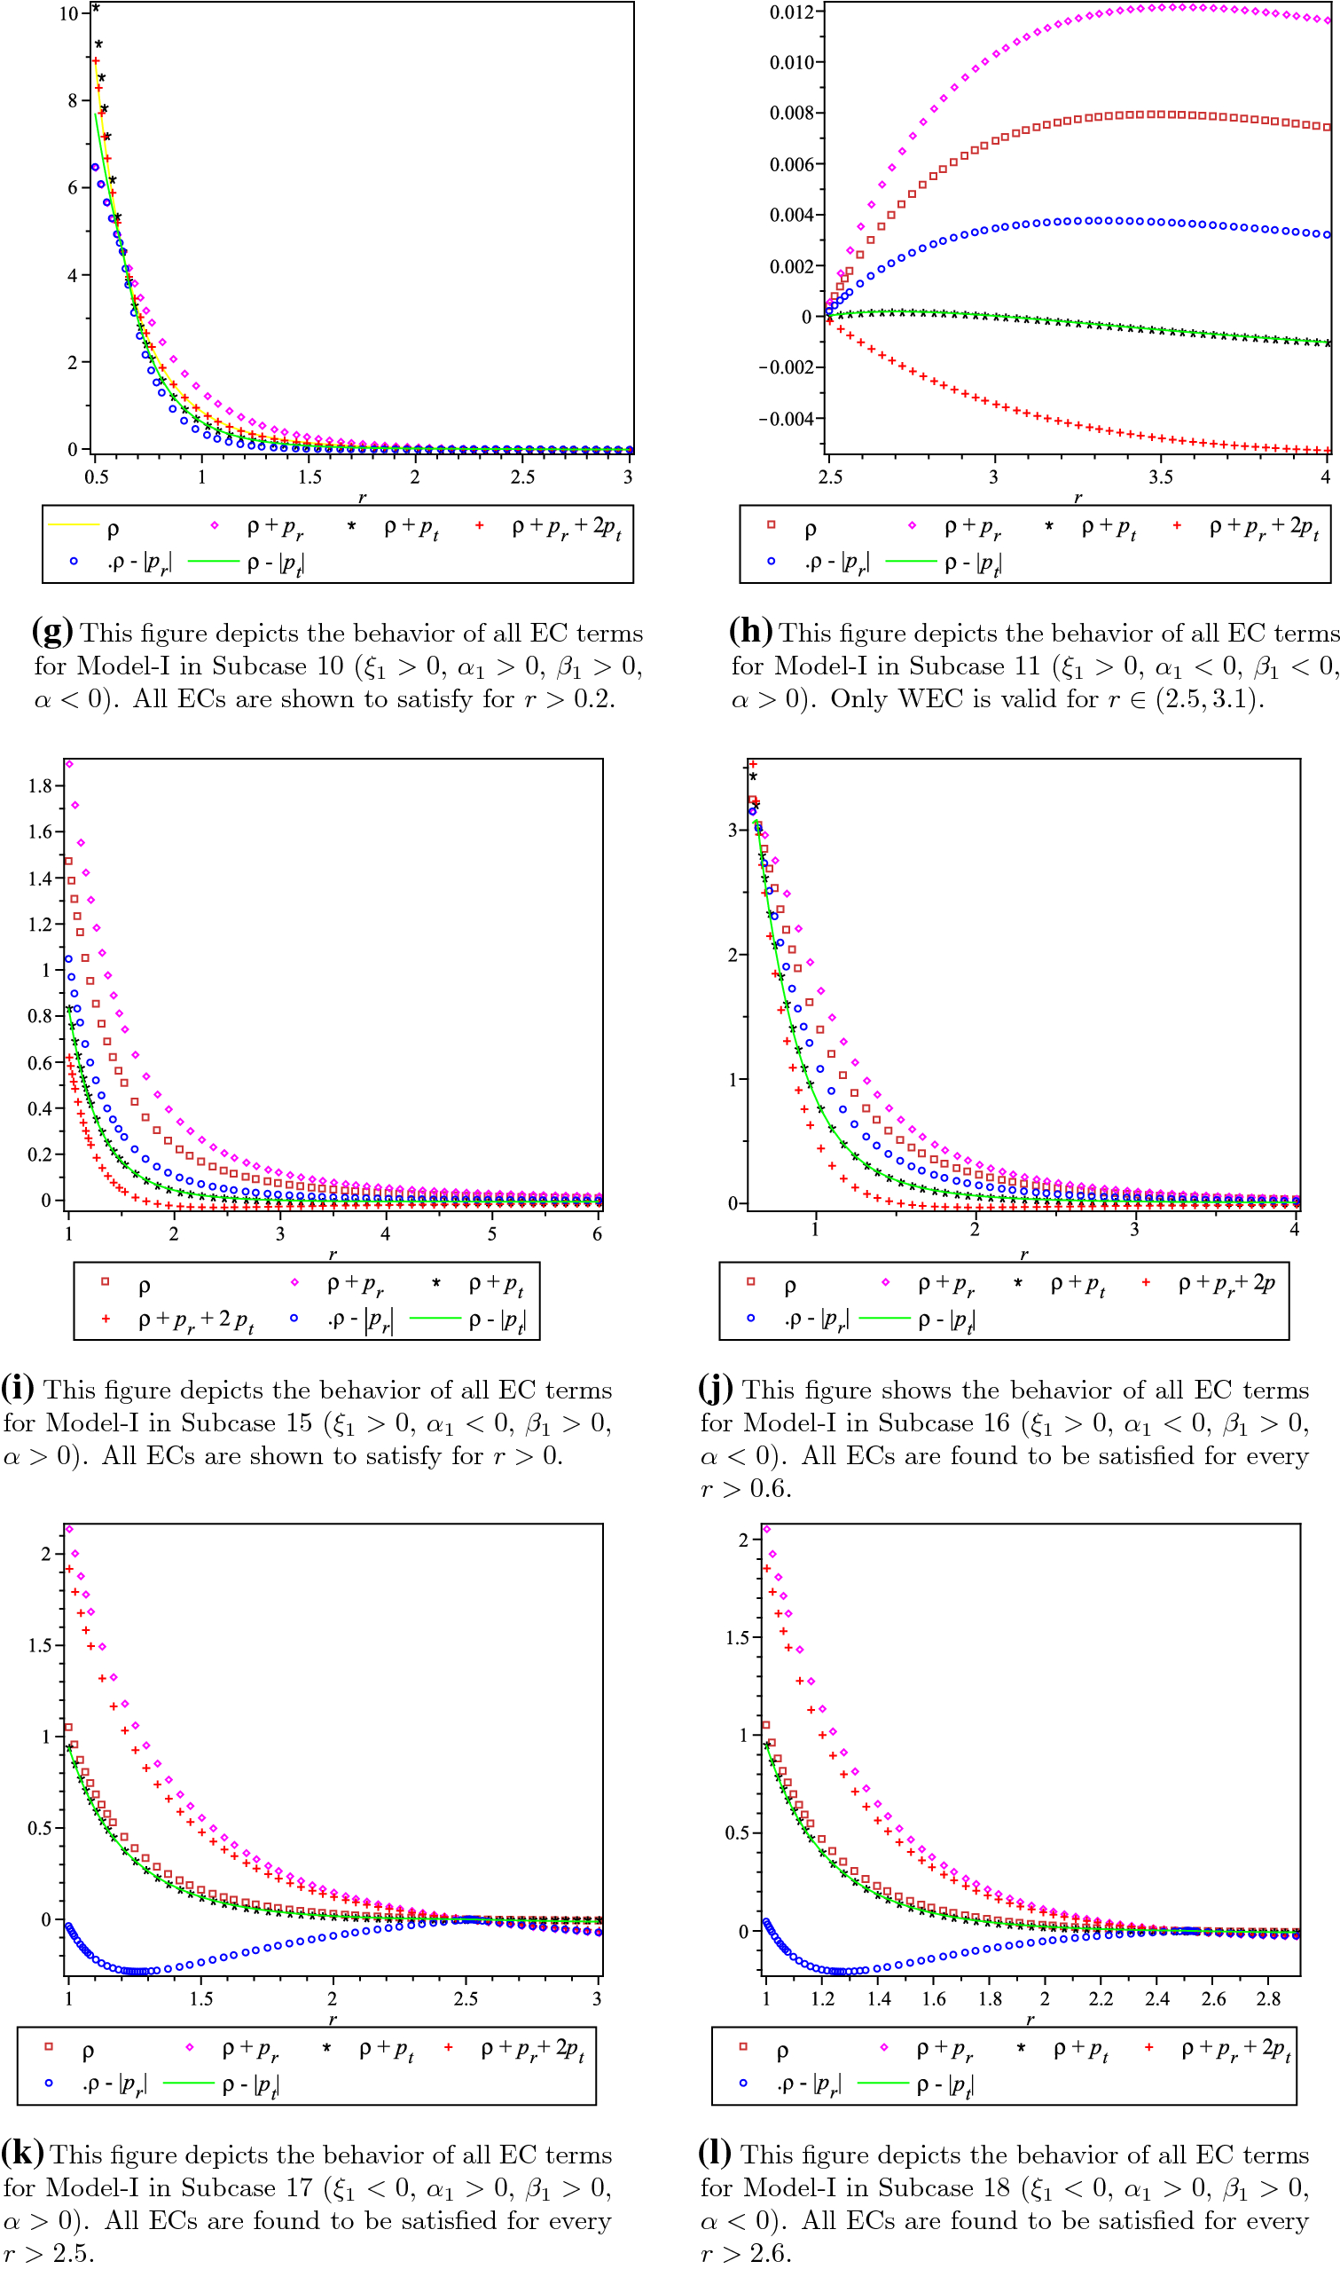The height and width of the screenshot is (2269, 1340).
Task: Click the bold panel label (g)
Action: click(51, 631)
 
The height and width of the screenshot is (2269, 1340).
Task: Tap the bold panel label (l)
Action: click(714, 2153)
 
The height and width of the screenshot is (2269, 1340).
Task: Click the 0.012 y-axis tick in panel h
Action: click(791, 12)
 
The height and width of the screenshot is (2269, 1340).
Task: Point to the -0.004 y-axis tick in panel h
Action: click(786, 418)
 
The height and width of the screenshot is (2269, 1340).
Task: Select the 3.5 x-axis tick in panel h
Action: click(1161, 477)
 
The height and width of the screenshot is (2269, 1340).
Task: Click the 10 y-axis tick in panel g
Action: click(68, 13)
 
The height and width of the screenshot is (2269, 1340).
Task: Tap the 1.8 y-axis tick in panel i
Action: click(40, 786)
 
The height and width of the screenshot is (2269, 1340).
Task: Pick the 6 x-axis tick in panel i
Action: click(597, 1233)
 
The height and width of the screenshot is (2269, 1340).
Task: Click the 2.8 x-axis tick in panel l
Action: click(1269, 1999)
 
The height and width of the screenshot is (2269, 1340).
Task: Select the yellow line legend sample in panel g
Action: click(73, 524)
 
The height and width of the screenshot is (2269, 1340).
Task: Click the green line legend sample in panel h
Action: click(911, 561)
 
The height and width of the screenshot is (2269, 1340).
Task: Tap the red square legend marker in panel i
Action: click(106, 1281)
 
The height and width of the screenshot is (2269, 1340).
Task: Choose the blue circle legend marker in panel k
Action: click(49, 2083)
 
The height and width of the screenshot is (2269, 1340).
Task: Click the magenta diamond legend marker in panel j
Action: click(885, 1281)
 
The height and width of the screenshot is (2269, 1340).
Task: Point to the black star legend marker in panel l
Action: click(1022, 2047)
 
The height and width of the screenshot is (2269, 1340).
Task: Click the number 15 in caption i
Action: click(299, 1422)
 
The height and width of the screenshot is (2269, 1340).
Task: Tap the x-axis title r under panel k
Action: click(333, 2020)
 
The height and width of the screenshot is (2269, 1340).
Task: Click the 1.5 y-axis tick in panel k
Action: click(40, 1646)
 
